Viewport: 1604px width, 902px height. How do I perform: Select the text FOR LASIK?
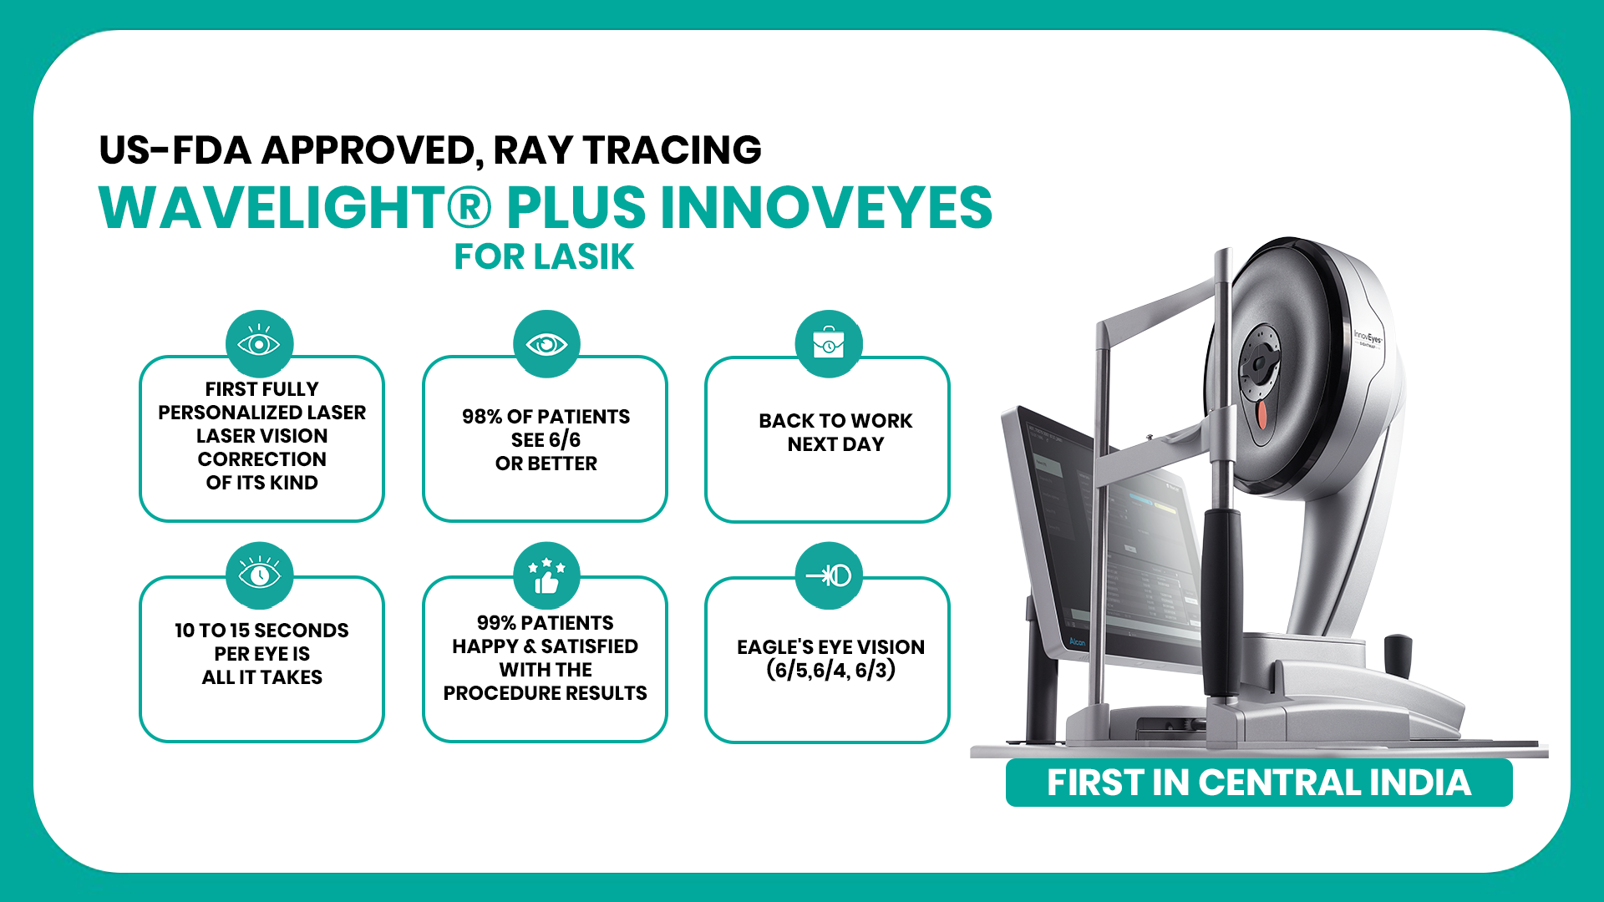click(x=544, y=256)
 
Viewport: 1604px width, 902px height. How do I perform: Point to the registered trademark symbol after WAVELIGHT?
click(x=470, y=207)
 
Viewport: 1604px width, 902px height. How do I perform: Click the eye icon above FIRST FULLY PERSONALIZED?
click(x=259, y=343)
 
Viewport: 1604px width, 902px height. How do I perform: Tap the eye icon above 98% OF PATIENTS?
click(x=546, y=343)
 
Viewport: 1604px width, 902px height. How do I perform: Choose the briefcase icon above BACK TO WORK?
click(x=829, y=343)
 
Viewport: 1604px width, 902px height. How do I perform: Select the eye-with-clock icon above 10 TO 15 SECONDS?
click(x=259, y=575)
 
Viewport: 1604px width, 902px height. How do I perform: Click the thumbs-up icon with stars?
click(x=546, y=575)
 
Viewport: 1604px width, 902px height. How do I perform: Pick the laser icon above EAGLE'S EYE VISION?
click(x=829, y=575)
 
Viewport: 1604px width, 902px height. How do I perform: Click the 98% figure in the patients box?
click(x=482, y=417)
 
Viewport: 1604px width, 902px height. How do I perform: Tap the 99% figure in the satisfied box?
click(x=496, y=623)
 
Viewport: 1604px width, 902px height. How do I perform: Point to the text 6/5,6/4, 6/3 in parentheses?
click(x=831, y=670)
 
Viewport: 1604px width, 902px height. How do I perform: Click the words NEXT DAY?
click(x=835, y=444)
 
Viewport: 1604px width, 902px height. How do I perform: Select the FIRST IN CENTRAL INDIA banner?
click(x=1259, y=783)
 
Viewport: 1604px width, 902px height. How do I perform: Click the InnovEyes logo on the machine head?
click(x=1368, y=338)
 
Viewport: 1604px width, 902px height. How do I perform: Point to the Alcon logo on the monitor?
click(x=1078, y=641)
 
